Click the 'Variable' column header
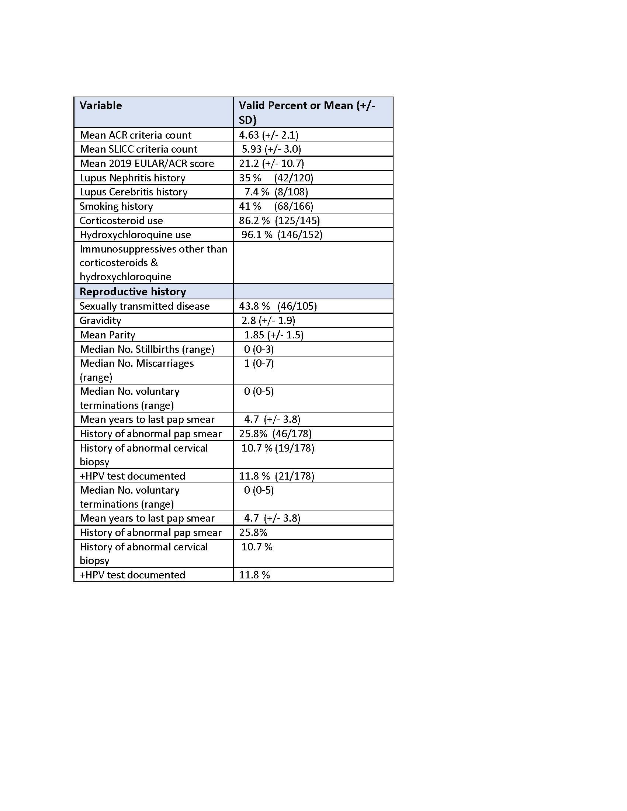[x=101, y=105]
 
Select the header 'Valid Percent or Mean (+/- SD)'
[x=307, y=112]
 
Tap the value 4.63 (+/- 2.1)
[x=269, y=135]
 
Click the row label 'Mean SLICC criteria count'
[x=138, y=149]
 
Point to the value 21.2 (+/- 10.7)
[x=271, y=163]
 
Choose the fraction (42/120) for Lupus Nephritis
[x=294, y=178]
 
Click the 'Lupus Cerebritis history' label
[x=134, y=192]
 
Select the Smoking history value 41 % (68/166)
[x=276, y=206]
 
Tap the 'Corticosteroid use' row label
[x=121, y=220]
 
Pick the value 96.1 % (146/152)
[x=281, y=235]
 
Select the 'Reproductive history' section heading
[x=133, y=292]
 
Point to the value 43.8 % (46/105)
[x=278, y=306]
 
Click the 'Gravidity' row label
[x=100, y=320]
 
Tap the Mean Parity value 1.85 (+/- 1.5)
[x=274, y=335]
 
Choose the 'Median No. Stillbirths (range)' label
[x=147, y=349]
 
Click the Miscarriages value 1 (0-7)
[x=259, y=363]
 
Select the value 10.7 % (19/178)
[x=278, y=448]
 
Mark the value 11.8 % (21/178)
[x=277, y=476]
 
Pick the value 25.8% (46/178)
[x=275, y=434]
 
